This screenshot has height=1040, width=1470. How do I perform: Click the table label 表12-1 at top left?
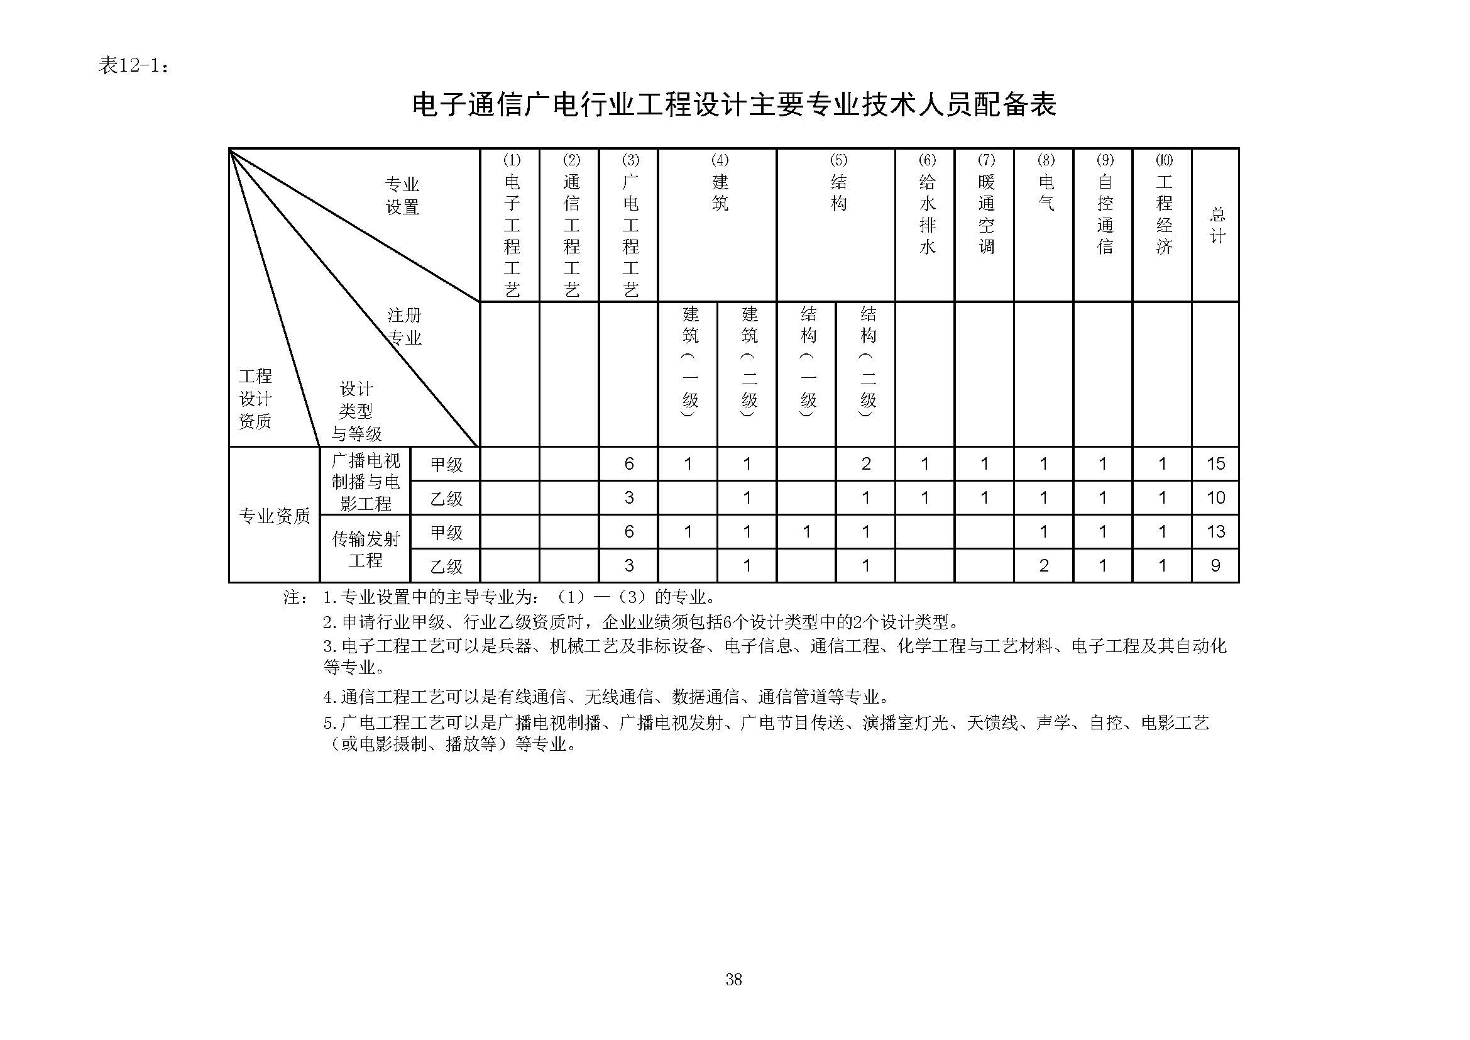pos(133,65)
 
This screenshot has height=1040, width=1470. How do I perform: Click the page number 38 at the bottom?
pos(733,979)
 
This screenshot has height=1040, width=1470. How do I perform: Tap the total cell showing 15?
pos(1215,463)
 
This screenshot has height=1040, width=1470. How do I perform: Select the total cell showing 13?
pos(1215,531)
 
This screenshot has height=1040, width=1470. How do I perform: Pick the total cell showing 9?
pos(1215,565)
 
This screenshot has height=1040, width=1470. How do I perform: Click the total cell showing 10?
pos(1215,497)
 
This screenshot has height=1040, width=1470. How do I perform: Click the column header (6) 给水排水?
pos(926,205)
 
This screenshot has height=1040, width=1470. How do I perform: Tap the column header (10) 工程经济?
pos(1163,205)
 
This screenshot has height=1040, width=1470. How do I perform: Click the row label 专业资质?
pos(274,516)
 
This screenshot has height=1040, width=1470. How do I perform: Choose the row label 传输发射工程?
pos(365,550)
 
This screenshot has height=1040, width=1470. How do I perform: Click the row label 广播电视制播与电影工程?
pos(365,482)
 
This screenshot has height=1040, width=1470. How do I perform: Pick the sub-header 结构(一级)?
pos(808,362)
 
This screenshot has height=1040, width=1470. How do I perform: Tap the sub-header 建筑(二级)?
pos(749,362)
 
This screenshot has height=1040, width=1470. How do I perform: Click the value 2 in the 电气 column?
pos(1044,565)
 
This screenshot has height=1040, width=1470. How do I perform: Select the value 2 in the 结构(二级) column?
pos(865,463)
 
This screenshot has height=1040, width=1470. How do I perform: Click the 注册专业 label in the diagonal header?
pos(405,326)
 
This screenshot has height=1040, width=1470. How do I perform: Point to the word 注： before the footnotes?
pos(295,597)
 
